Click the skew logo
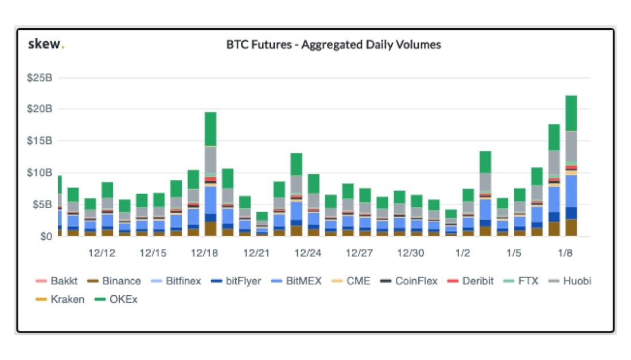tap(46, 45)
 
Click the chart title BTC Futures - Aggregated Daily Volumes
tap(333, 45)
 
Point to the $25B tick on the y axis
tap(40, 77)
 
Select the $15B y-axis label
tap(40, 141)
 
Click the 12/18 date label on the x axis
tap(205, 253)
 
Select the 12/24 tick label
tap(307, 253)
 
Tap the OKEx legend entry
tap(120, 299)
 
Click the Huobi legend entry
tap(570, 281)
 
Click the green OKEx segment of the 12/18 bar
tap(211, 129)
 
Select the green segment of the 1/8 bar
tap(571, 113)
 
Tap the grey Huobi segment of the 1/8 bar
tap(571, 147)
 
